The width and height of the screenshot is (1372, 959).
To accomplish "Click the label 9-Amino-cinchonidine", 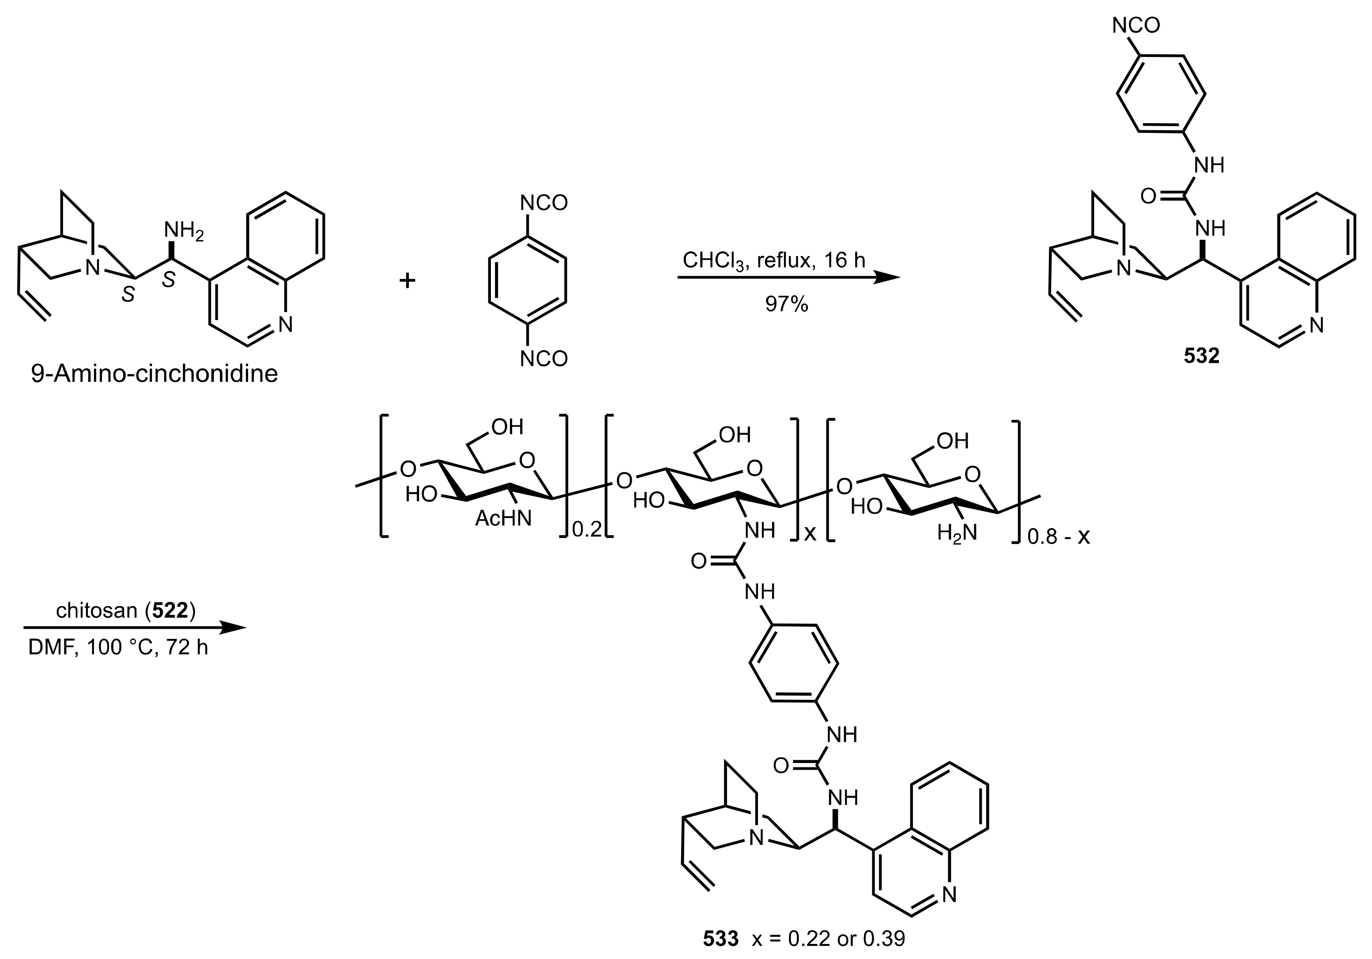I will (154, 374).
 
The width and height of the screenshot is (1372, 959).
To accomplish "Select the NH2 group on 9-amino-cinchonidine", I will (184, 230).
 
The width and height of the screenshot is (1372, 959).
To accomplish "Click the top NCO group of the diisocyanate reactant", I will (543, 203).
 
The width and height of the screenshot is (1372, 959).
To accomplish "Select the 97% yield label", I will (786, 304).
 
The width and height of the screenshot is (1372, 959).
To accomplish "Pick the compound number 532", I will (1201, 355).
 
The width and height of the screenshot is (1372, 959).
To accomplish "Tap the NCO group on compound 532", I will (1135, 26).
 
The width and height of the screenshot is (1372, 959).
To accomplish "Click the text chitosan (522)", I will (125, 611).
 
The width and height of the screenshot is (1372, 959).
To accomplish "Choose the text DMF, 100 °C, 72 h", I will (118, 648).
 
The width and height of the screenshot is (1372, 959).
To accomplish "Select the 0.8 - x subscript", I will (1058, 536).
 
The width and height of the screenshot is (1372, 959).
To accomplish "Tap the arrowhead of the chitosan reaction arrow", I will (233, 628).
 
